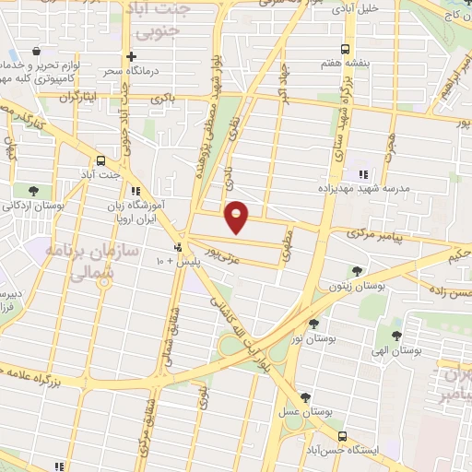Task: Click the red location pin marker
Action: point(237,214)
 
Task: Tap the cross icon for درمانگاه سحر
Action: point(133,57)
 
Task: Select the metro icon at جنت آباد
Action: point(101,159)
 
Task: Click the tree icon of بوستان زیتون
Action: point(356,271)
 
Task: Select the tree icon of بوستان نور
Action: point(313,324)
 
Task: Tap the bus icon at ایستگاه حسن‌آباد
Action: point(342,436)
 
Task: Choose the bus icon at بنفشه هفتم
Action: point(344,49)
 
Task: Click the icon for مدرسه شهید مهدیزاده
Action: point(362,174)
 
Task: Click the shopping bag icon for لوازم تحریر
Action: point(35,51)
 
